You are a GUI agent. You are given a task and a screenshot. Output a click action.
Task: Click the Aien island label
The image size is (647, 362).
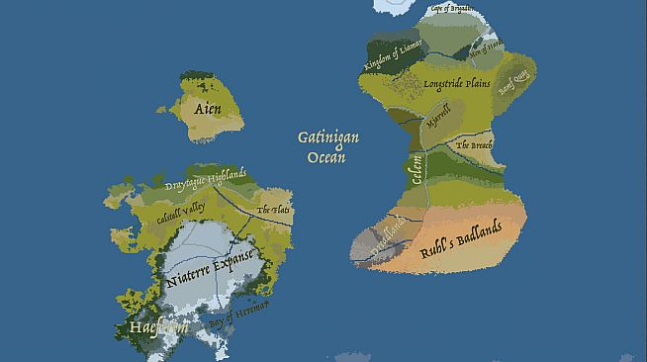tap(208, 109)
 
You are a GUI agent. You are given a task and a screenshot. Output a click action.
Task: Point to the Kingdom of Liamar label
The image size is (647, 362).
tap(394, 55)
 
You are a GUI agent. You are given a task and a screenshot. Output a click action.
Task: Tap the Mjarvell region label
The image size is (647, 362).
tap(436, 124)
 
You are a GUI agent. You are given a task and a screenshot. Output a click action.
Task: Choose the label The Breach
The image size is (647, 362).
tap(473, 145)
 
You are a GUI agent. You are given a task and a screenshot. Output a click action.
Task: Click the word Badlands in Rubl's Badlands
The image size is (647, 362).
tap(479, 233)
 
